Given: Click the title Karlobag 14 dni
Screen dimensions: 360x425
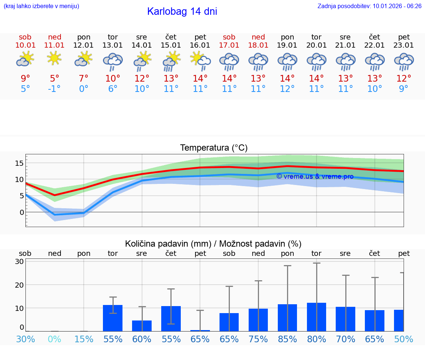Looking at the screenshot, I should tap(182, 11).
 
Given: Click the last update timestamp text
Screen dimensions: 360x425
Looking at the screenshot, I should tap(369, 6).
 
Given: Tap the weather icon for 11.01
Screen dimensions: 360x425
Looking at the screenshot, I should tap(54, 58).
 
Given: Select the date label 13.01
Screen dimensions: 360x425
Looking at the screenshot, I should tap(113, 45).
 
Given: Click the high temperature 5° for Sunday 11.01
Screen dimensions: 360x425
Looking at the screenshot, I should tap(54, 79).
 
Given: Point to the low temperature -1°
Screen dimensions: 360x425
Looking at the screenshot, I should tap(54, 89).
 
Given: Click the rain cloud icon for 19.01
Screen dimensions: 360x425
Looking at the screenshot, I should tap(287, 61).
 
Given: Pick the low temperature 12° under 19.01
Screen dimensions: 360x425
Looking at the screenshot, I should tap(287, 89).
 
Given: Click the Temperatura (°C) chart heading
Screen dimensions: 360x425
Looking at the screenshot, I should tap(214, 148).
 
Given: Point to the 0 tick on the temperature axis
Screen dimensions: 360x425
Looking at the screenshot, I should tap(22, 212).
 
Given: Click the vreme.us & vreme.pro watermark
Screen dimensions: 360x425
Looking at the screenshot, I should tap(315, 176).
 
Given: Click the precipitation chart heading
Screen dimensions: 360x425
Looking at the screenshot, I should tap(213, 244).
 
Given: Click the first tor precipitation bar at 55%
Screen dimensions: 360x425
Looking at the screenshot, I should tap(113, 318).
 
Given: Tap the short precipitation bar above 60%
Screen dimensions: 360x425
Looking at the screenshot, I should tap(142, 326).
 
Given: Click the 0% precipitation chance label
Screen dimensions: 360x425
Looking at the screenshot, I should tap(54, 339).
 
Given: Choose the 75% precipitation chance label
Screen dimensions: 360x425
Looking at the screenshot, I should tap(258, 339).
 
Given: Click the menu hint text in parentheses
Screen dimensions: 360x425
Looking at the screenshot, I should tap(41, 6).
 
